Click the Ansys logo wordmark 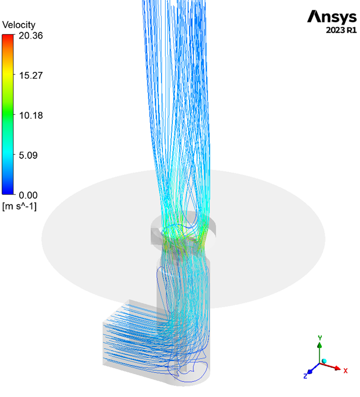(x=332, y=17)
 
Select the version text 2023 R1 (x=341, y=30)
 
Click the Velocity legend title (x=19, y=25)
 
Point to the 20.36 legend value (x=31, y=35)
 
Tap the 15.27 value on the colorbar (x=31, y=75)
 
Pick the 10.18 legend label (x=31, y=116)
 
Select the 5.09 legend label (x=28, y=155)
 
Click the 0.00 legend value (x=28, y=195)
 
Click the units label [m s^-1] (x=19, y=206)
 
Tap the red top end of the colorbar (x=7, y=37)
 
